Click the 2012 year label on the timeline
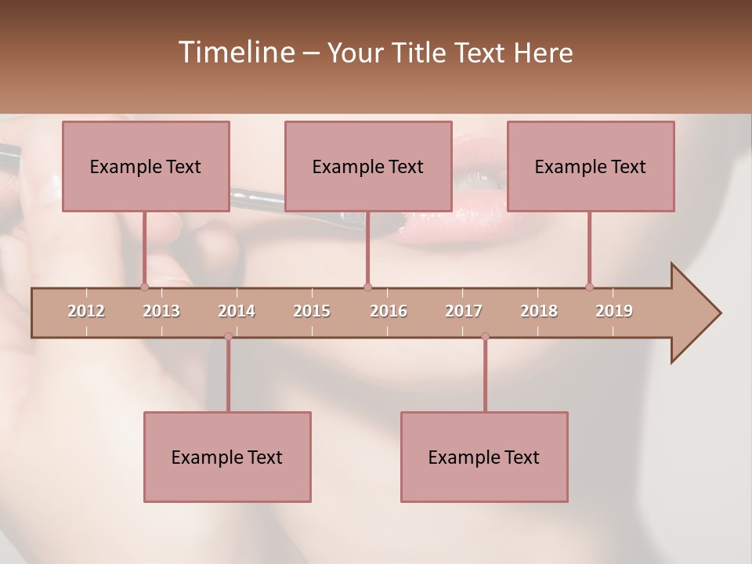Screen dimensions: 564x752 [86, 311]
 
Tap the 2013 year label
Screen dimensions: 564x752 [161, 311]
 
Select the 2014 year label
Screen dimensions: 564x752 [237, 311]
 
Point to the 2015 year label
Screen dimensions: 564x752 [312, 311]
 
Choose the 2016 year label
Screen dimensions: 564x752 [389, 311]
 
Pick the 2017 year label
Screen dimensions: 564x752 [464, 311]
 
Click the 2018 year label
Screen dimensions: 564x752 [539, 311]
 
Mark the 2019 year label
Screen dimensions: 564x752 [614, 311]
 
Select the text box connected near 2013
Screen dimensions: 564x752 [146, 166]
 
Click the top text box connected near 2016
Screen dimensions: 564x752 [368, 166]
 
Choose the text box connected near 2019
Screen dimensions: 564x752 [591, 166]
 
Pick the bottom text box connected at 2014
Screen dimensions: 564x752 [227, 457]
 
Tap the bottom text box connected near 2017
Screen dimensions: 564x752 [484, 457]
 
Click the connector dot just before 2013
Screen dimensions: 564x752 [144, 287]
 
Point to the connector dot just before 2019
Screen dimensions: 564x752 [589, 287]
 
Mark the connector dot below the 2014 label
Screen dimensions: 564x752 [228, 337]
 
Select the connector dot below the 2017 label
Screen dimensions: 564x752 [485, 337]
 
